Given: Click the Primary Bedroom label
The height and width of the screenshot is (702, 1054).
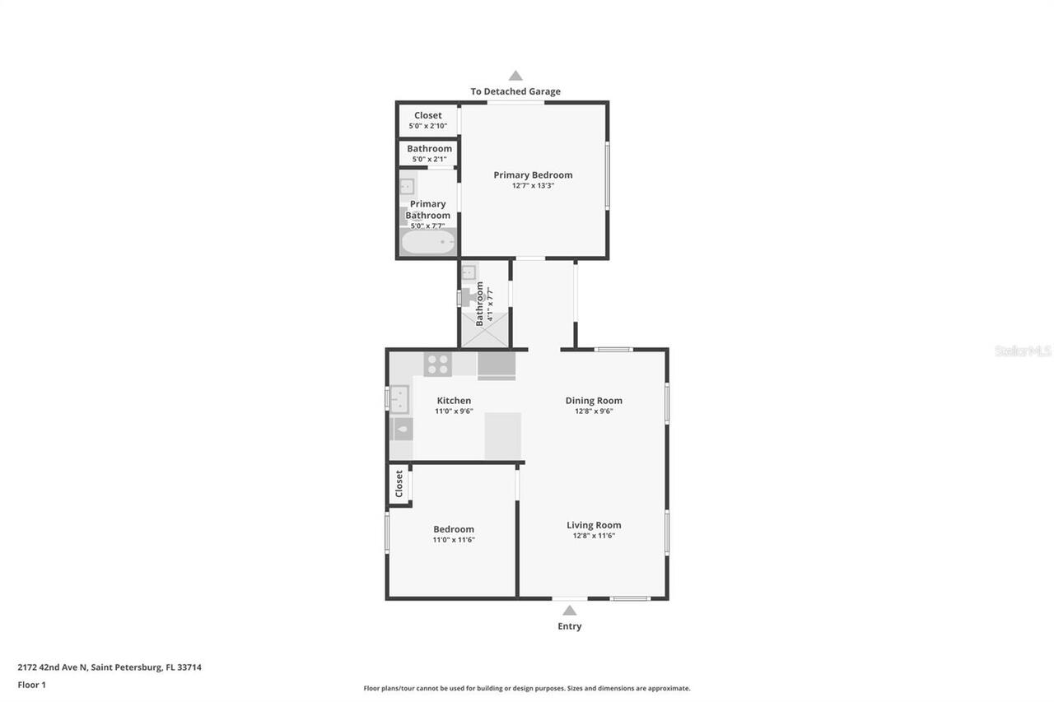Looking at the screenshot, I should click(x=533, y=174).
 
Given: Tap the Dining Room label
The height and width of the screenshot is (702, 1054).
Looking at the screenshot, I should click(x=594, y=401).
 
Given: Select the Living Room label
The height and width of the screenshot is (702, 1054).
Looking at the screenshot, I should click(x=594, y=525).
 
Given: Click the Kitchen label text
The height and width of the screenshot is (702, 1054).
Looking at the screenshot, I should click(x=454, y=401).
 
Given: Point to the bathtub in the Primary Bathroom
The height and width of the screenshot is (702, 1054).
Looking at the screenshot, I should click(x=427, y=242).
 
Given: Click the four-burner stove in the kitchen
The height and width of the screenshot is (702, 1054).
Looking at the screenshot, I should click(x=437, y=364).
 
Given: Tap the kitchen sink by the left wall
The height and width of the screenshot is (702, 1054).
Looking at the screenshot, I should click(x=400, y=399).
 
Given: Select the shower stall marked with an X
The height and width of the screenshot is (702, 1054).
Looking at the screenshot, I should click(x=484, y=332).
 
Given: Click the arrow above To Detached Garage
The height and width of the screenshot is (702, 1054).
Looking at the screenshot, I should click(x=515, y=76).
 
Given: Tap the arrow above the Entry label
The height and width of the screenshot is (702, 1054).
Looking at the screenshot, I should click(x=569, y=610).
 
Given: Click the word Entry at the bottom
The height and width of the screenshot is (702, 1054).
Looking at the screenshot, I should click(x=569, y=626).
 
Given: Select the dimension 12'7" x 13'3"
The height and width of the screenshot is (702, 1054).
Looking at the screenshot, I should click(x=533, y=186).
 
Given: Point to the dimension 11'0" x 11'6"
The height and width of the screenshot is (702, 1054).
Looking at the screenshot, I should click(x=454, y=541).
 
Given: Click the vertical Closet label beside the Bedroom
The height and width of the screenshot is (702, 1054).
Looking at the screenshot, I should click(x=399, y=484).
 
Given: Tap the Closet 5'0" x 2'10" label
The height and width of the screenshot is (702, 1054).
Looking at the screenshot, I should click(x=427, y=120).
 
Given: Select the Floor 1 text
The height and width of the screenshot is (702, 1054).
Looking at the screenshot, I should click(x=31, y=685).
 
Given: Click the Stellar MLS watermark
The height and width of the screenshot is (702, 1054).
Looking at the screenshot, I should click(x=1023, y=351).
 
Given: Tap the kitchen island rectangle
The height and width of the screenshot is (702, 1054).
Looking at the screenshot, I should click(x=502, y=436).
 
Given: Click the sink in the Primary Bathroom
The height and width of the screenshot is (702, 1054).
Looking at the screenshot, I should click(x=407, y=187).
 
